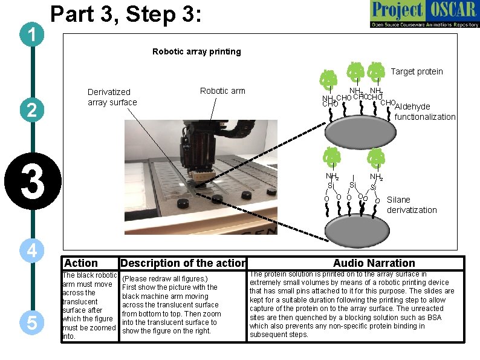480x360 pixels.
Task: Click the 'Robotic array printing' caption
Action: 196,51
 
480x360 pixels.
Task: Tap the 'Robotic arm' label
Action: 222,91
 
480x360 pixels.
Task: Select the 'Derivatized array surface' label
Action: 112,97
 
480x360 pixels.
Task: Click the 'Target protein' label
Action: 417,71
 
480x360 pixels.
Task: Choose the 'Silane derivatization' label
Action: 411,205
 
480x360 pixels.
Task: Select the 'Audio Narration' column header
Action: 374,263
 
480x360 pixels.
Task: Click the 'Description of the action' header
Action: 183,263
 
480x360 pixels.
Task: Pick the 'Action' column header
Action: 80,263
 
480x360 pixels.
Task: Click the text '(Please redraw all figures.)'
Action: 165,278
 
